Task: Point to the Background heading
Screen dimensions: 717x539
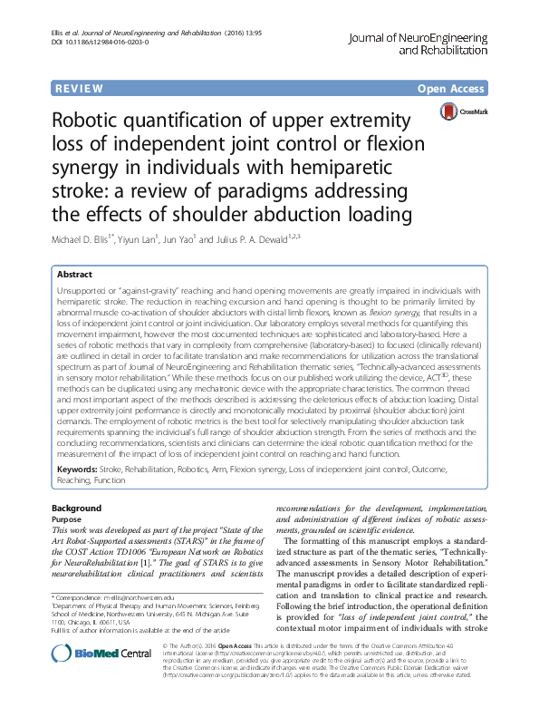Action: pos(76,508)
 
